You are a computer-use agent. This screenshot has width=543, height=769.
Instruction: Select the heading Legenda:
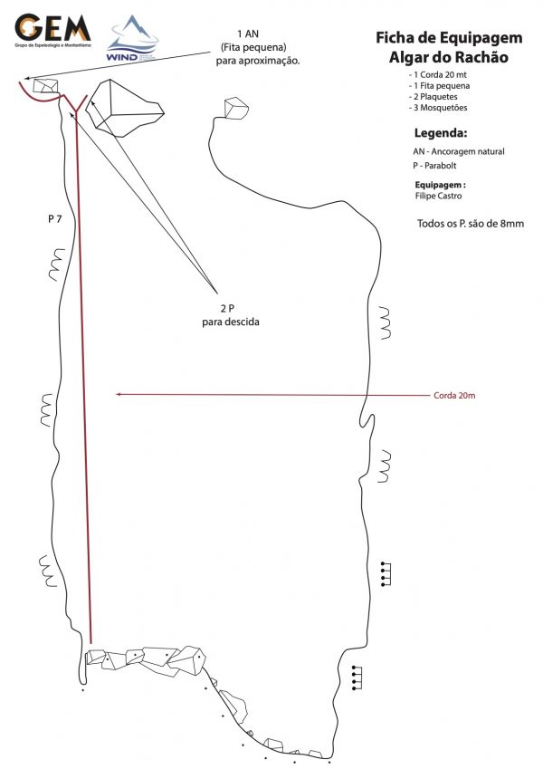(441, 134)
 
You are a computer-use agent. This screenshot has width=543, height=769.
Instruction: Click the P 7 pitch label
(55, 219)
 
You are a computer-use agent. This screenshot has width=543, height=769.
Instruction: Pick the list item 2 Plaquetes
(436, 97)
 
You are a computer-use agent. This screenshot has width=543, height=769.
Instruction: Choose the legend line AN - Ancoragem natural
(458, 152)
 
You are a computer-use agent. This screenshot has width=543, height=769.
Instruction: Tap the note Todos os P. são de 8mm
(471, 223)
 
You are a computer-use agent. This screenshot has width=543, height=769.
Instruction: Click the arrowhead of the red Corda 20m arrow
(117, 394)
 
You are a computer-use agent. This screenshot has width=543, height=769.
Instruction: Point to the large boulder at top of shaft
(125, 105)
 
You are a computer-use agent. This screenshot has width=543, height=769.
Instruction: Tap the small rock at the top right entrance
(236, 108)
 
